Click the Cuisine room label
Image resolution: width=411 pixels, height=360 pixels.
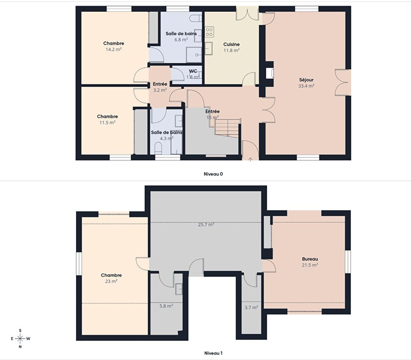[x=231, y=44]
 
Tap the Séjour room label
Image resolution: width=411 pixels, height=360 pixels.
[x=306, y=80]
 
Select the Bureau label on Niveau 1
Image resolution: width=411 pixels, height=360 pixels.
[x=310, y=259]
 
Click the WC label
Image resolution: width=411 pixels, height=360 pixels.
[x=193, y=71]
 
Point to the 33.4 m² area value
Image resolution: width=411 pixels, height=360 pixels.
[x=306, y=86]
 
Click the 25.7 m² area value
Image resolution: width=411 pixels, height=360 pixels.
[x=206, y=225]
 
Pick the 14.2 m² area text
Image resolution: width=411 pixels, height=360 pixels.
[x=114, y=49]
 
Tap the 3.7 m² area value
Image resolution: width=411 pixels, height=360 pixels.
[x=251, y=307]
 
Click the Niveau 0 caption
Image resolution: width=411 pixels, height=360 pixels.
[x=213, y=174]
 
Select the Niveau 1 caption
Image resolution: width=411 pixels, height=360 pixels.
[x=213, y=353]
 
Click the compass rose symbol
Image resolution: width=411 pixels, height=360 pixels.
[x=20, y=338]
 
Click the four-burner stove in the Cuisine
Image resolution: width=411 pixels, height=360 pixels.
[x=209, y=32]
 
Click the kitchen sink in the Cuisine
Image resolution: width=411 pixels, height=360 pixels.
[x=208, y=49]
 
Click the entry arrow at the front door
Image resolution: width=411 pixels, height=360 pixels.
[x=250, y=159]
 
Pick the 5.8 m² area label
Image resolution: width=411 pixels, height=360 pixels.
[x=166, y=306]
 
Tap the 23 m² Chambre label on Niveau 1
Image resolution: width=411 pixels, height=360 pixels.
[x=111, y=275]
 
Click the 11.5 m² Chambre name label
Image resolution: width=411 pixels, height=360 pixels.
[x=107, y=116]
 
